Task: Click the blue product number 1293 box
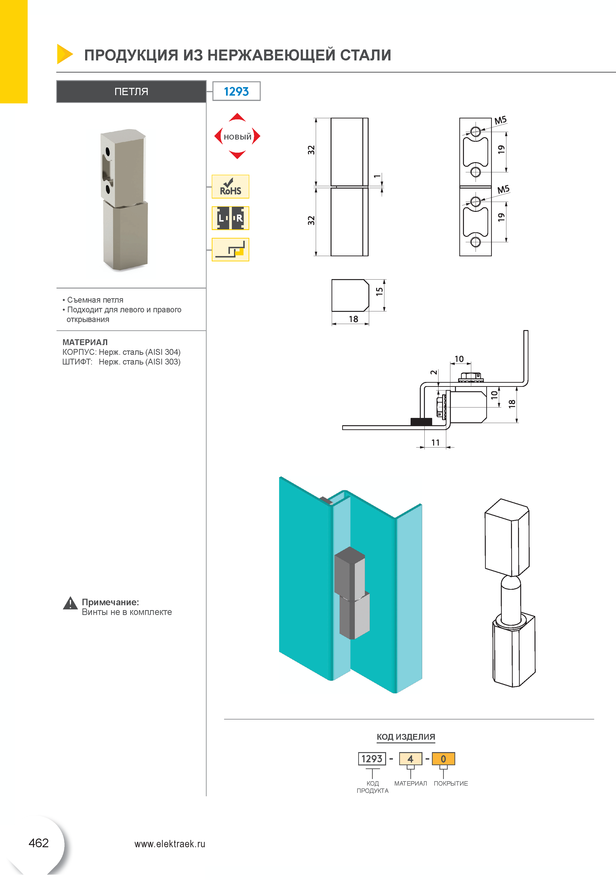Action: coord(236,91)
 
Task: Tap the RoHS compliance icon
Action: coord(230,187)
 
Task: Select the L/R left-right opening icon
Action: coord(230,218)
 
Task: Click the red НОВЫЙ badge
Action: coord(237,136)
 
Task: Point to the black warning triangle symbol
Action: coord(70,604)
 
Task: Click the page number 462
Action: coord(39,843)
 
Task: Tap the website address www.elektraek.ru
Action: coord(170,844)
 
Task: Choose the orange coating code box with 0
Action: coord(443,759)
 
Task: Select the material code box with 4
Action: coord(410,759)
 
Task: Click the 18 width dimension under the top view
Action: coord(353,319)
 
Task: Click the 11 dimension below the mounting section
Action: coord(435,443)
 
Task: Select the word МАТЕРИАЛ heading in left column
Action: coord(85,342)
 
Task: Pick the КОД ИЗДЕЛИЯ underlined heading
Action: coord(406,737)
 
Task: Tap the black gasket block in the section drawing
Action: coord(421,422)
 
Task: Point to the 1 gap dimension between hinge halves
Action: coord(377,176)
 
